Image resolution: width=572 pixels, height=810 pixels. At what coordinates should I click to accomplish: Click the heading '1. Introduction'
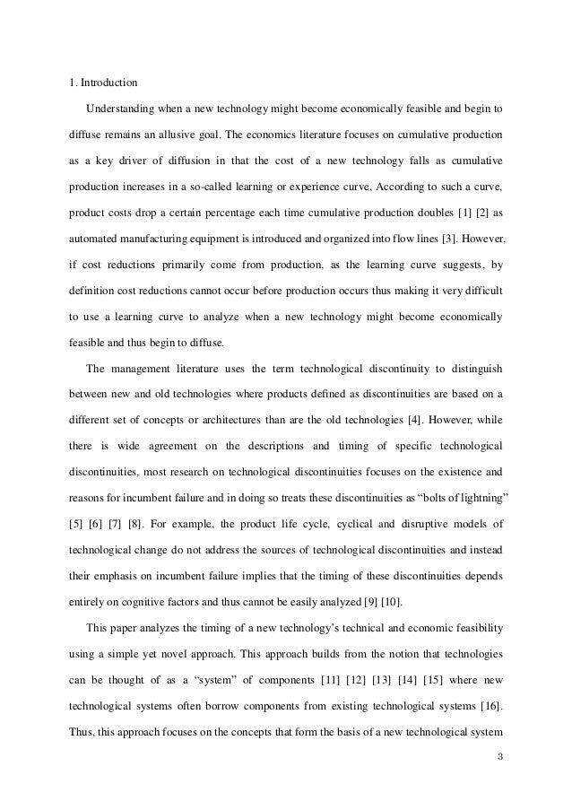click(x=104, y=84)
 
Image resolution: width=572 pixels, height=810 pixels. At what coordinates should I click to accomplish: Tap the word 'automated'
click(x=95, y=241)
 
